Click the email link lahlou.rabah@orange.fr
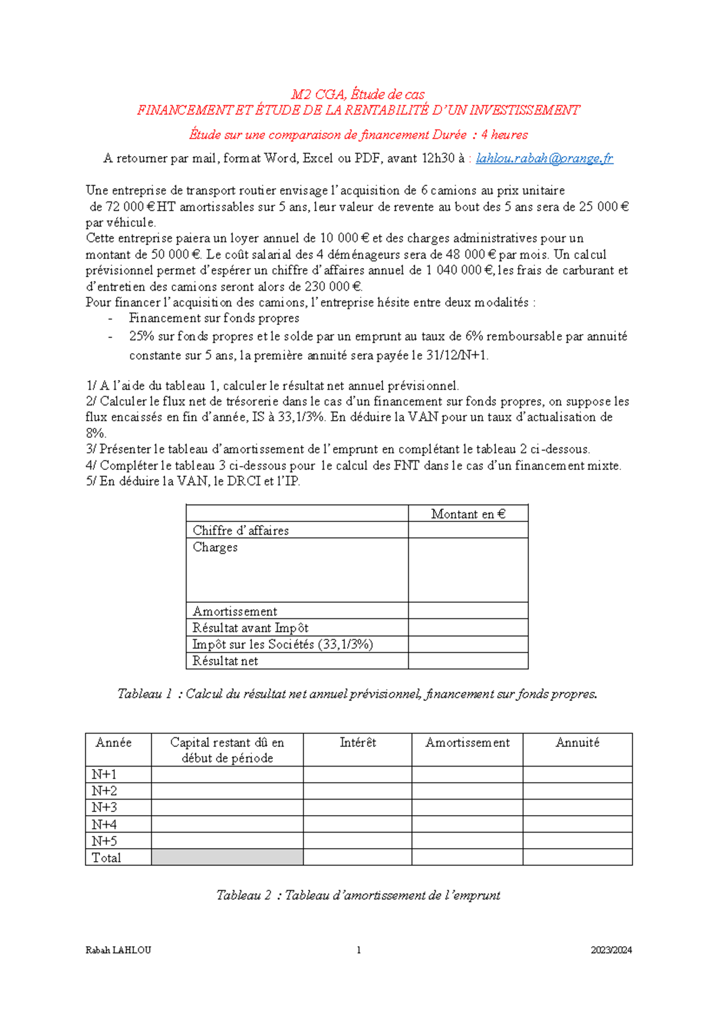point(544,159)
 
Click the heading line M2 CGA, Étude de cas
point(358,95)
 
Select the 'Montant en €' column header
point(468,514)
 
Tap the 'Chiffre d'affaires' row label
point(241,531)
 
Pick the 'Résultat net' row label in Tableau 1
point(225,661)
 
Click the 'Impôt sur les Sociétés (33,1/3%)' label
point(282,645)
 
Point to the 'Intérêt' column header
point(358,743)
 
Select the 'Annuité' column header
point(577,743)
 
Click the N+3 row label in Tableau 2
point(104,807)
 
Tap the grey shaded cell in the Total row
point(227,857)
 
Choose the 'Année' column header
point(114,743)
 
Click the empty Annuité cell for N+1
point(577,774)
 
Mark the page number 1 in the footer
point(358,950)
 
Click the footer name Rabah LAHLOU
point(118,950)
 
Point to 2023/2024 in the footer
point(611,950)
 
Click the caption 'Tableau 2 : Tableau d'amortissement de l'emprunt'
point(358,895)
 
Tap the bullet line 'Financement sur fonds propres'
point(214,318)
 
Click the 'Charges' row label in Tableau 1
point(215,548)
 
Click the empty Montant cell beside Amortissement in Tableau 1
point(468,611)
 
